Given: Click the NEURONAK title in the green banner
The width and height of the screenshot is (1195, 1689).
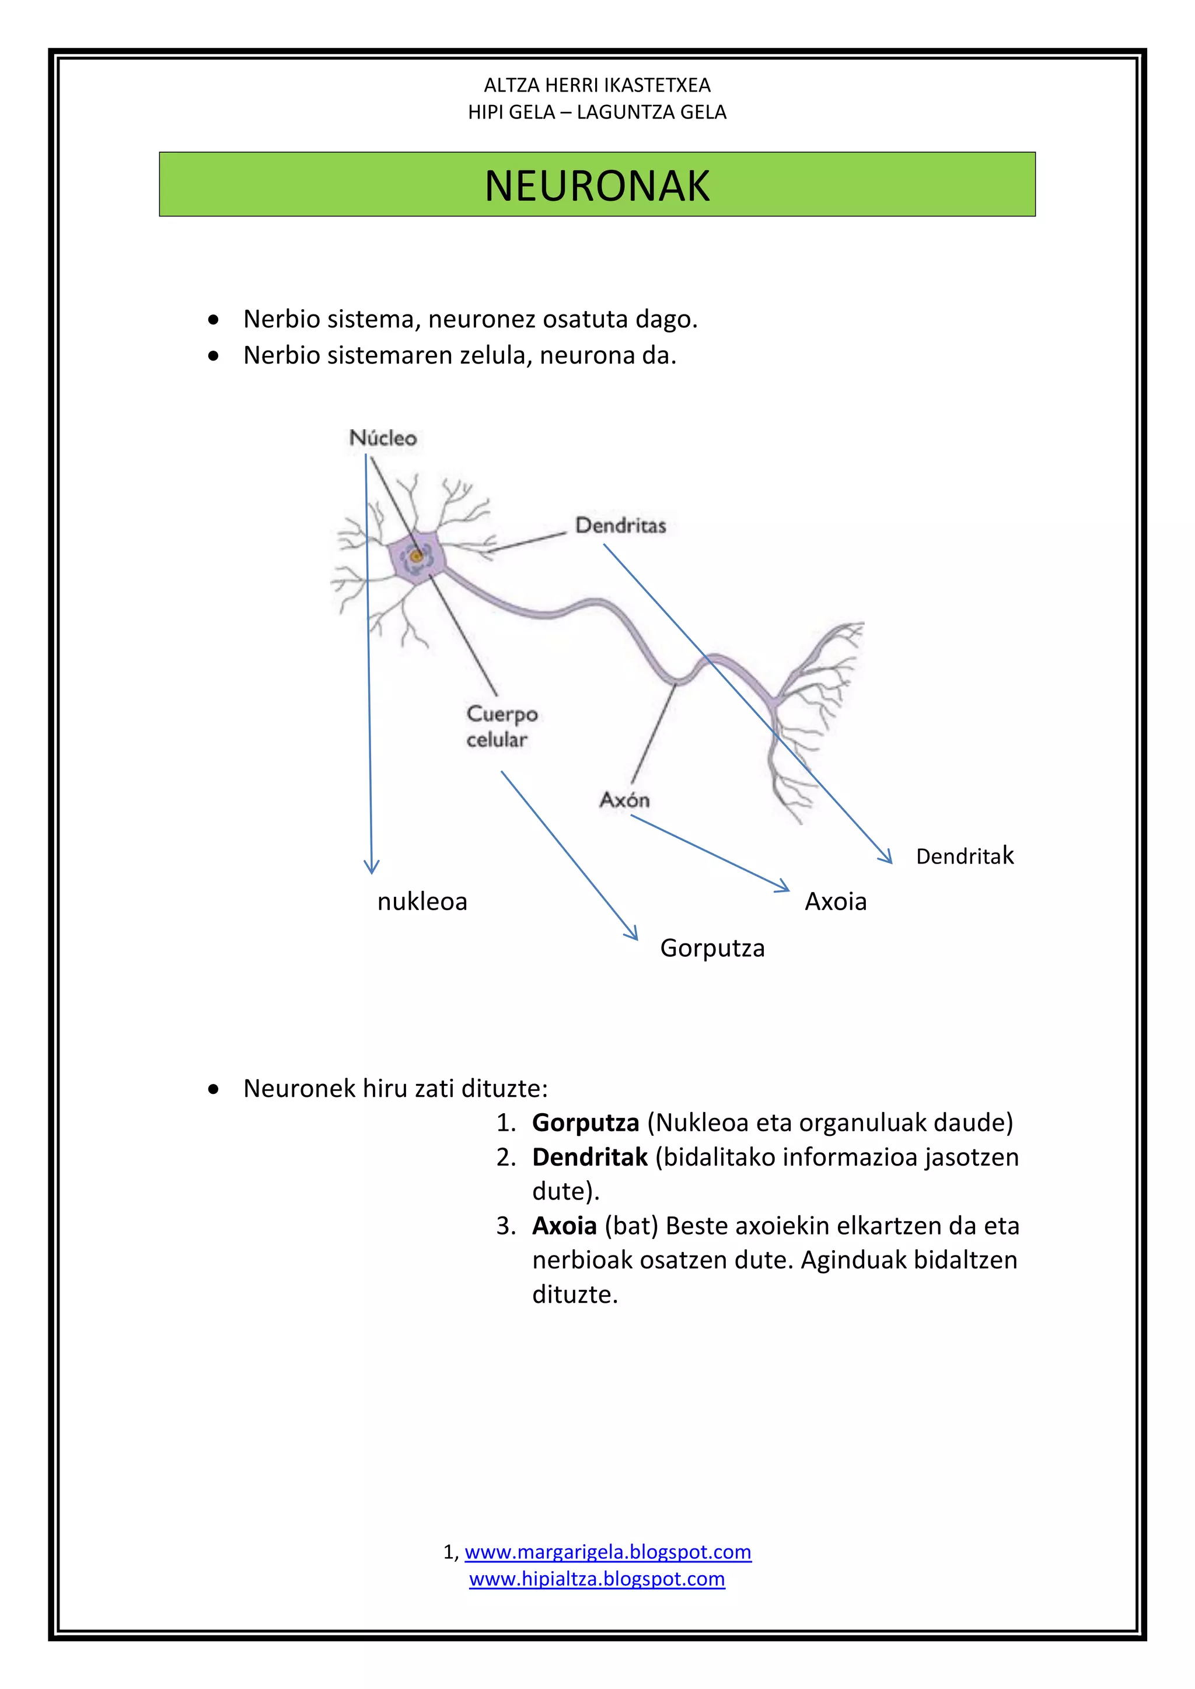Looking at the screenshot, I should coord(597,186).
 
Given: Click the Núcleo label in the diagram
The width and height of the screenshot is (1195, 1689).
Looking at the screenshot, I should coord(383,438).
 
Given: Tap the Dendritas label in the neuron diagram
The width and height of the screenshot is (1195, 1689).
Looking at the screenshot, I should coord(620,525).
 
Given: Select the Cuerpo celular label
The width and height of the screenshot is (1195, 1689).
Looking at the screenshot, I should coord(501,726).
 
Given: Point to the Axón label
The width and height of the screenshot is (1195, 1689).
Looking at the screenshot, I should coord(624,800).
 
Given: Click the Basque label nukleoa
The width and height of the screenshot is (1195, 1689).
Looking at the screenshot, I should coord(422,901).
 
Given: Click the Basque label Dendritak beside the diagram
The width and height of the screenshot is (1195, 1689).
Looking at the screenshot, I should coord(964,855).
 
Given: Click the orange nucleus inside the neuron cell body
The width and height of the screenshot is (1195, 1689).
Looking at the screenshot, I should coord(417,556).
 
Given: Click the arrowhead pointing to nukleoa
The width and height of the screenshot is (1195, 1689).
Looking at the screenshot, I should coord(372,868).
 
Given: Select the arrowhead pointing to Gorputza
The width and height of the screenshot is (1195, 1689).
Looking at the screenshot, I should coord(632,933).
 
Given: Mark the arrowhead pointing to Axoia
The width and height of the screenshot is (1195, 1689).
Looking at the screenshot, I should coord(783,886).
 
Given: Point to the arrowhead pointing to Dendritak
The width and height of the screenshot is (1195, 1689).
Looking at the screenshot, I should coord(886,857).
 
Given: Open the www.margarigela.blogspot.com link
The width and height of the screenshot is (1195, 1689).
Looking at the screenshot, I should coord(608,1552).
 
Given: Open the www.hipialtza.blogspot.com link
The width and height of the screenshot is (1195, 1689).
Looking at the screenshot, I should coord(597,1579).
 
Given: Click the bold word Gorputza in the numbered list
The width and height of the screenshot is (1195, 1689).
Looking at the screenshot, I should coord(585,1122).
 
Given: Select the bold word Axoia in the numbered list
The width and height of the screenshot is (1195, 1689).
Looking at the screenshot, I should coord(564,1226).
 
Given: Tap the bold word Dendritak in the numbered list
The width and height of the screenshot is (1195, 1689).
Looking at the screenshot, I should coord(589,1157).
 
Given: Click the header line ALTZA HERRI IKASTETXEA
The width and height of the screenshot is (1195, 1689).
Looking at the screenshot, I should coord(597,85).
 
